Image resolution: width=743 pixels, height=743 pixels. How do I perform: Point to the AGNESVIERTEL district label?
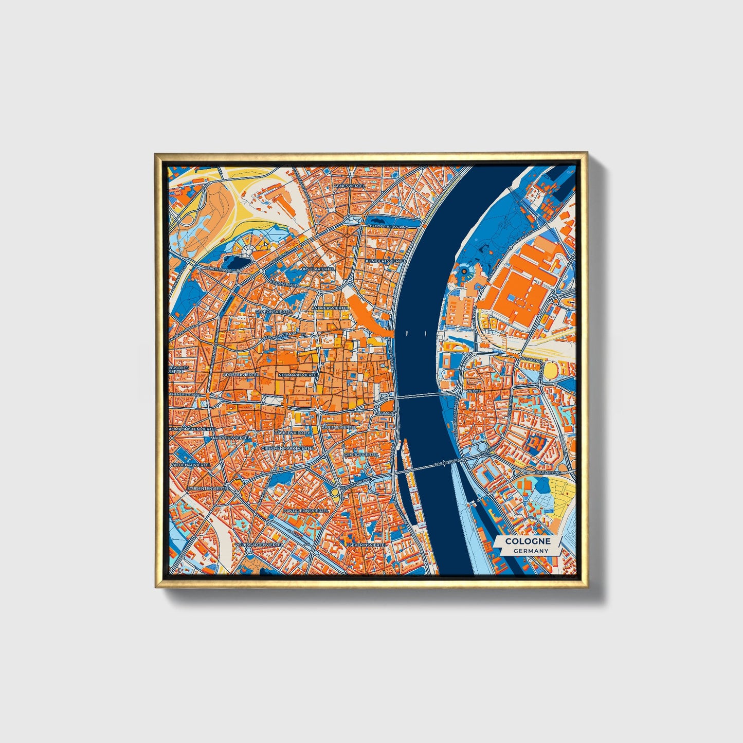(348, 186)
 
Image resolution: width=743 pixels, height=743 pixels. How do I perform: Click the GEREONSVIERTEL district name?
(274, 312)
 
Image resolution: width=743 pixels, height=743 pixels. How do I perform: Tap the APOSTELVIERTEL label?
(241, 375)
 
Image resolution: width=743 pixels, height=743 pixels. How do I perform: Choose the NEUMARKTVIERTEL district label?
(298, 375)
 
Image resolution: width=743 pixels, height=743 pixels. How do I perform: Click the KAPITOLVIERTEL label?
(339, 427)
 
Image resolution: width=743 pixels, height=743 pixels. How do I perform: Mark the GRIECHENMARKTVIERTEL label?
(288, 448)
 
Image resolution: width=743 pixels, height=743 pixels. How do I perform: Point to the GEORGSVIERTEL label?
(361, 455)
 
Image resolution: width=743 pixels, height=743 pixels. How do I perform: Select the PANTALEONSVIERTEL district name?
(306, 511)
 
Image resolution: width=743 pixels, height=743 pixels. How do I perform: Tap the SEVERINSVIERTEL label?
(367, 544)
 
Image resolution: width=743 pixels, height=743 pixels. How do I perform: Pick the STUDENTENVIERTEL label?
(208, 487)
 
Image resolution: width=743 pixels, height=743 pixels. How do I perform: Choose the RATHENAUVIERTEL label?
(191, 464)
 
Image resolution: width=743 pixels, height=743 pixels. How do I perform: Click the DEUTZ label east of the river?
(474, 391)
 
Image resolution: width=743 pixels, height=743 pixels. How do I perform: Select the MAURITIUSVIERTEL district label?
(230, 437)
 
